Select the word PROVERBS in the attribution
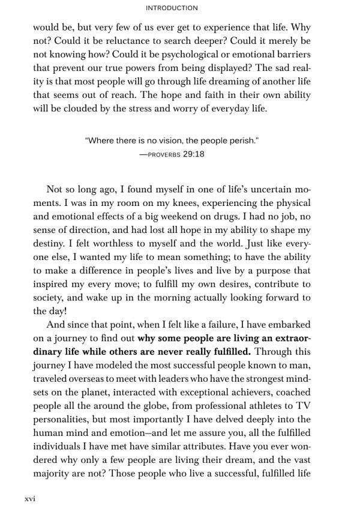[x=160, y=154]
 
